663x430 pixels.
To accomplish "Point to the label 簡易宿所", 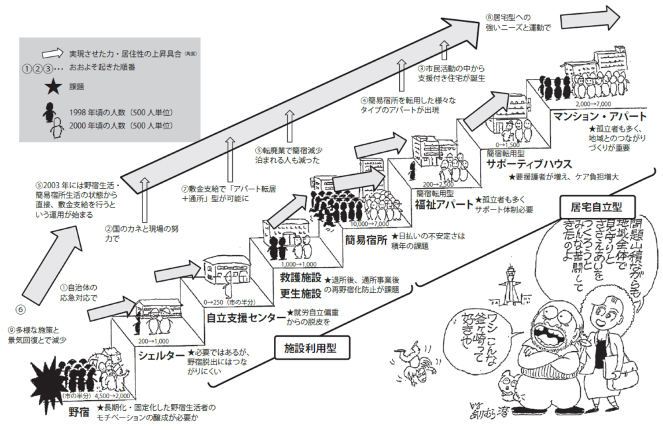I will pyautogui.click(x=366, y=239).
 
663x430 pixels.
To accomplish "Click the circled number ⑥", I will pyautogui.click(x=19, y=309).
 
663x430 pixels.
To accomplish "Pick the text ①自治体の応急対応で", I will pyautogui.click(x=79, y=293).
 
